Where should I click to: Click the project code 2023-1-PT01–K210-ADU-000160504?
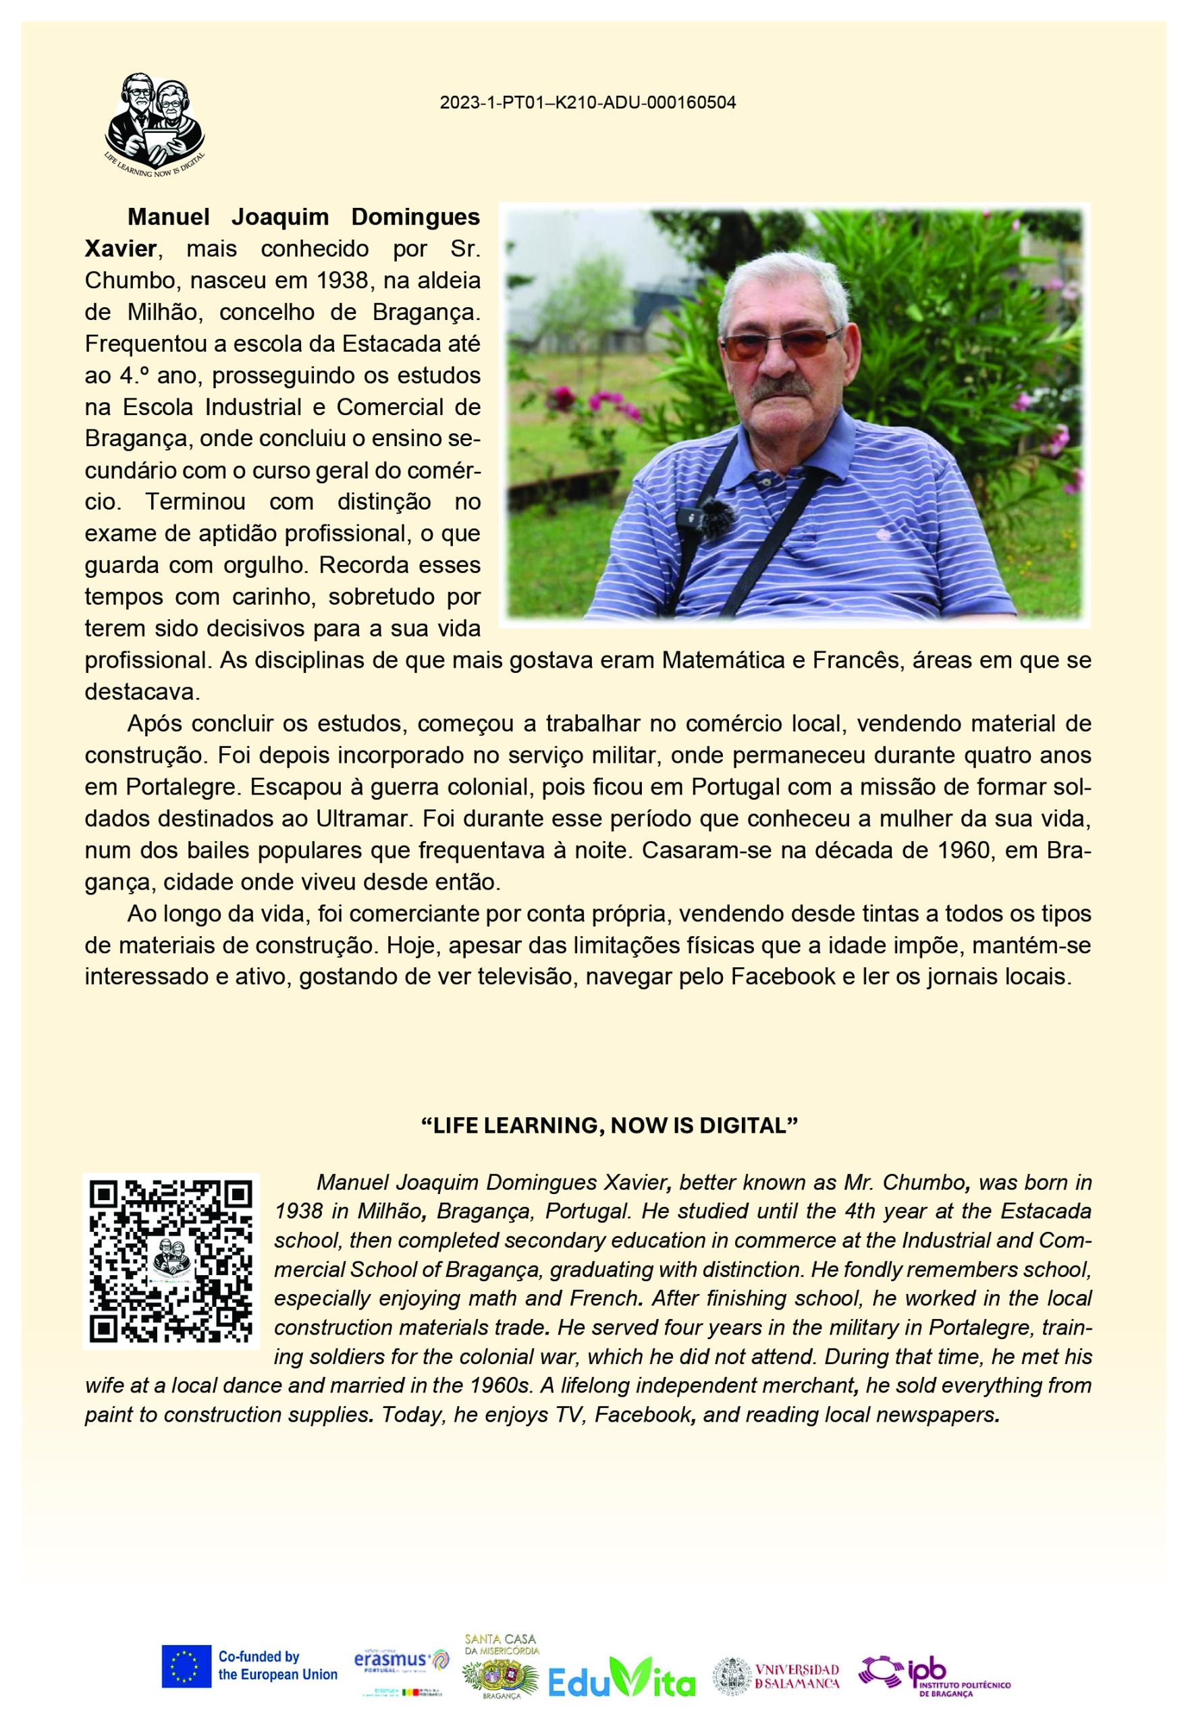pyautogui.click(x=587, y=103)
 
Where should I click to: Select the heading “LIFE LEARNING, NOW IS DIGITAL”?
pyautogui.click(x=609, y=1125)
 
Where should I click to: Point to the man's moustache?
pyautogui.click(x=784, y=389)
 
